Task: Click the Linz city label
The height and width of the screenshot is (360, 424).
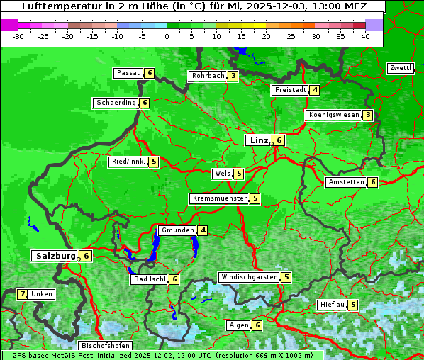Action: [x=258, y=140]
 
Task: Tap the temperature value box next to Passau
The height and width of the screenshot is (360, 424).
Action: [x=149, y=73]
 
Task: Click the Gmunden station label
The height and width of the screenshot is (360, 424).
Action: [x=177, y=230]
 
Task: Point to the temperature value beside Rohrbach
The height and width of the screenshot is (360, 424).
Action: [x=233, y=76]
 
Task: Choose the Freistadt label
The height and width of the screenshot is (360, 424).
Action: [x=290, y=90]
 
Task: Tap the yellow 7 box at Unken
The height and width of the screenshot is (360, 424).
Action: [x=22, y=293]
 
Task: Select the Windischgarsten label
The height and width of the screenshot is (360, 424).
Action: [x=248, y=277]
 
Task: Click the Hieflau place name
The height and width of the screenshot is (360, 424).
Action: [x=332, y=305]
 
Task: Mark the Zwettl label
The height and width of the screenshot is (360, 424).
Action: [x=400, y=68]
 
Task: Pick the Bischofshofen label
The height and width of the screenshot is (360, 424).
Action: [x=105, y=346]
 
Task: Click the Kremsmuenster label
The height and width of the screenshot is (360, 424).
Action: [x=218, y=198]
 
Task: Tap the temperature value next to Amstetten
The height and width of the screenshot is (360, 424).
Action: [x=373, y=182]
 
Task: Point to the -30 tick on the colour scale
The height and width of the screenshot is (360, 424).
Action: [x=18, y=35]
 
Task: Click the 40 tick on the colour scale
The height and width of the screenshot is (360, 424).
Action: [x=365, y=35]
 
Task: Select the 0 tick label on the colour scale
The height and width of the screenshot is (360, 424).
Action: [x=167, y=35]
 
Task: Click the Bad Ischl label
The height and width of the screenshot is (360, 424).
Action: [x=149, y=279]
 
